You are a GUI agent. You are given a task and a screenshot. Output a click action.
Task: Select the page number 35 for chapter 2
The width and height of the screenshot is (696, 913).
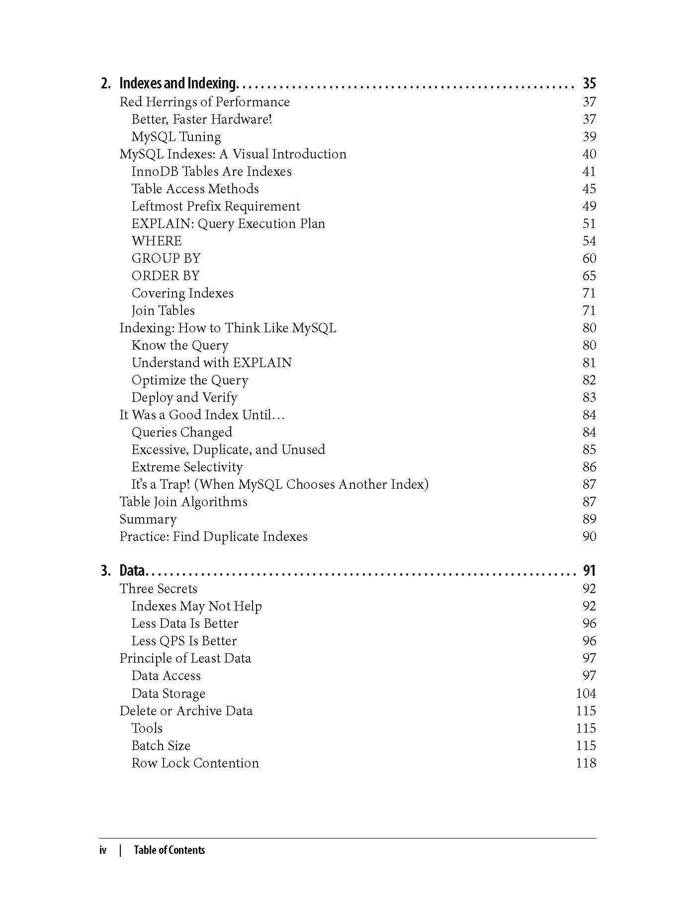point(589,83)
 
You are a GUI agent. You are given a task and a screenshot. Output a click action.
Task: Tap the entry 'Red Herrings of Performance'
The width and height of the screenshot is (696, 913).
point(204,102)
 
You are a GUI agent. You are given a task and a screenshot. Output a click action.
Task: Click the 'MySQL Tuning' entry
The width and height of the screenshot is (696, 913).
point(176,137)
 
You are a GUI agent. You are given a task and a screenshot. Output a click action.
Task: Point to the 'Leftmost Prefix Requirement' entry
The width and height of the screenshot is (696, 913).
point(216,206)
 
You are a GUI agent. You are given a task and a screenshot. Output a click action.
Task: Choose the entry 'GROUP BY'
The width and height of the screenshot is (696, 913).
point(166,258)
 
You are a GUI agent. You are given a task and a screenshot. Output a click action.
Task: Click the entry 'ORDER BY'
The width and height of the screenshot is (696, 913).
point(166,276)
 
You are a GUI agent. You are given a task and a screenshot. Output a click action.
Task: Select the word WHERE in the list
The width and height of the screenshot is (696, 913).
point(157,241)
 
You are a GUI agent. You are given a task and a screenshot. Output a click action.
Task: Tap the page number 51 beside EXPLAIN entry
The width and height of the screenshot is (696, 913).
point(589,224)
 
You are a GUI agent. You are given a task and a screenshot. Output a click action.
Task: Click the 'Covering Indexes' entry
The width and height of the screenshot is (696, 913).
point(182,293)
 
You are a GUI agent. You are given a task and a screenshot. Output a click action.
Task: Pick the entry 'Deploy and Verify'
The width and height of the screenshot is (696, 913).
point(184,397)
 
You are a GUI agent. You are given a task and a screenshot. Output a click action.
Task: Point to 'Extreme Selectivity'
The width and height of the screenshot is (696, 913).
point(187,467)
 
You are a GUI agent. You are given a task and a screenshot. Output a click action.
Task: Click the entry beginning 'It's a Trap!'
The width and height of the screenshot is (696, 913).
point(280,484)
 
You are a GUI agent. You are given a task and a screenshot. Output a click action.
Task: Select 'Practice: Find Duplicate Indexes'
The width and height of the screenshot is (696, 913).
point(213,536)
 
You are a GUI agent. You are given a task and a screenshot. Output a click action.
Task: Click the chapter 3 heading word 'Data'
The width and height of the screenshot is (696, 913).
point(132,570)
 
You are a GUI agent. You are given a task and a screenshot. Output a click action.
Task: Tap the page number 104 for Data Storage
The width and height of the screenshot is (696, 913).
point(586,693)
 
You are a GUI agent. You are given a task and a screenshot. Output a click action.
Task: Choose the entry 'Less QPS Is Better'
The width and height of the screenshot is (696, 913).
point(184,641)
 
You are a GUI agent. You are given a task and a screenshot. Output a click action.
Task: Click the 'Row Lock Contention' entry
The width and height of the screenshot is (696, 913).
point(195,763)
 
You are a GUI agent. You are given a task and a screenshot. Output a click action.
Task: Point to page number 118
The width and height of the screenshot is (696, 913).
point(586,763)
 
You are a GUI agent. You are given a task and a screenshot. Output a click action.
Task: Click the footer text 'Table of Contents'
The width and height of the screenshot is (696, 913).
point(169,850)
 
